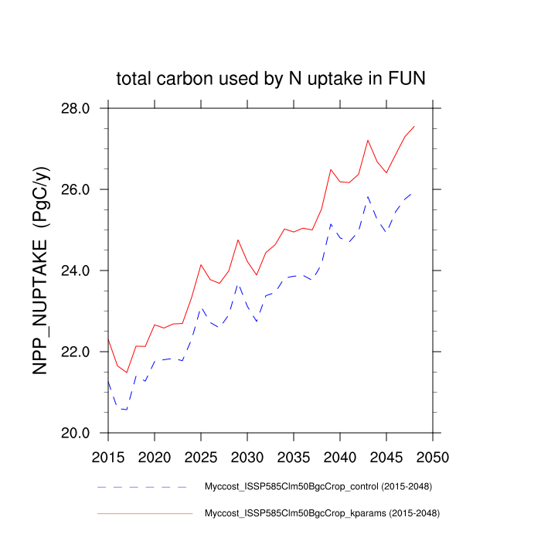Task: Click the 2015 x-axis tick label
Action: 108,457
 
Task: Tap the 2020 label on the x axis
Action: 155,457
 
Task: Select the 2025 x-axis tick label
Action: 201,457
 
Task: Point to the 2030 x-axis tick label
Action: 247,457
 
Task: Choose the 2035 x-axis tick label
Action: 293,457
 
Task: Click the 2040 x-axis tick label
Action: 339,457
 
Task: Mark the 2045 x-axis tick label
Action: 386,457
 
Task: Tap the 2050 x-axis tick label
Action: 432,457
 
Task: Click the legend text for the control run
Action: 317,487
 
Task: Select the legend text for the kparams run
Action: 322,512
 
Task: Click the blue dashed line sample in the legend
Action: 142,487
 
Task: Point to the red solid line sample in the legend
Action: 144,512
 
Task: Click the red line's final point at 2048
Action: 414,126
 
